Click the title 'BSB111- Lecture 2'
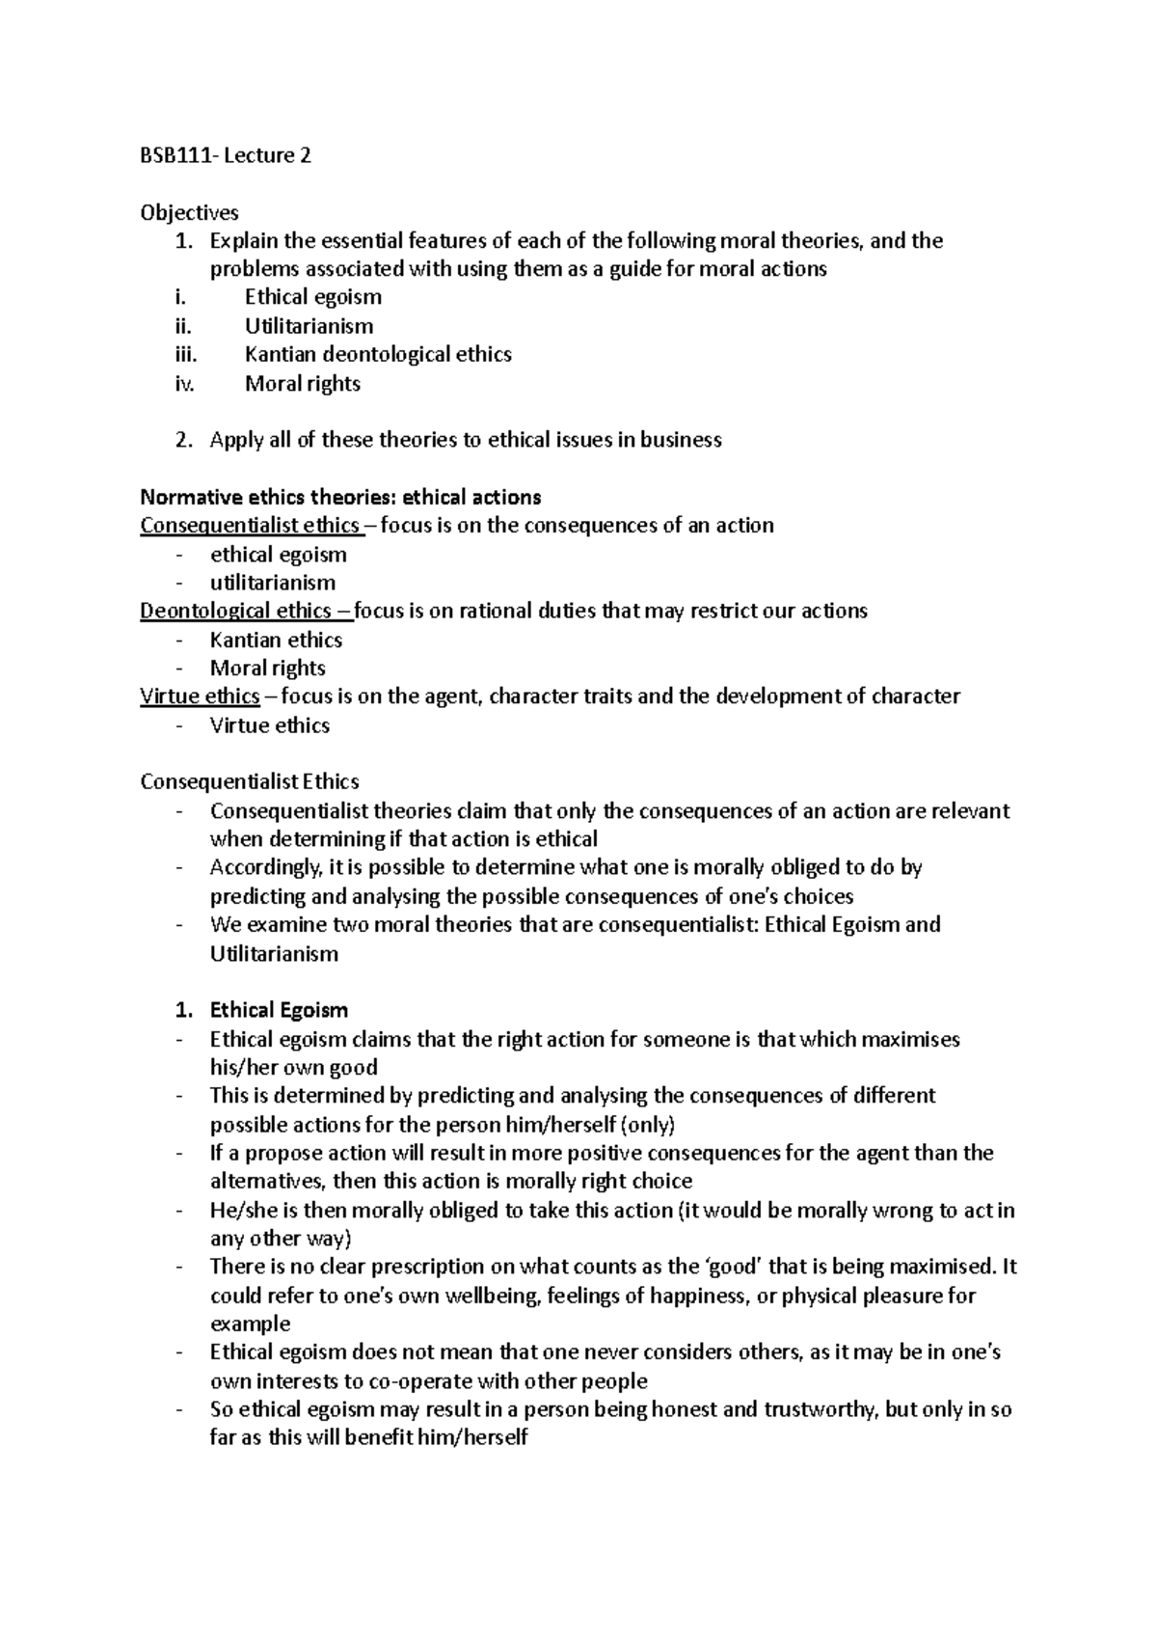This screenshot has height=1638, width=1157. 226,156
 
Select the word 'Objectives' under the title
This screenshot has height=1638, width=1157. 189,212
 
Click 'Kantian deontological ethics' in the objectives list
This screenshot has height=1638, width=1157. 378,355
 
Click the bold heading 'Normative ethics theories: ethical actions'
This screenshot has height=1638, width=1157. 340,498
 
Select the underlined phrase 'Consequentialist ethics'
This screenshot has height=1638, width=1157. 250,526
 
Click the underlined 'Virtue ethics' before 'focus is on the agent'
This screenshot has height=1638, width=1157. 200,696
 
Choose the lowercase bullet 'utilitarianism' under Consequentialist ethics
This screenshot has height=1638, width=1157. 273,583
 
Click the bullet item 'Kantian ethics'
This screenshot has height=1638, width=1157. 276,641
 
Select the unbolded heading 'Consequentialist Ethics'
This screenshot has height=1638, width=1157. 250,782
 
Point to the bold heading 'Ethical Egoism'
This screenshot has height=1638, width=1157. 279,1011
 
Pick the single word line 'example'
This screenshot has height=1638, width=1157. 250,1324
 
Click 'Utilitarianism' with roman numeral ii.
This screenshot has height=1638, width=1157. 309,327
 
